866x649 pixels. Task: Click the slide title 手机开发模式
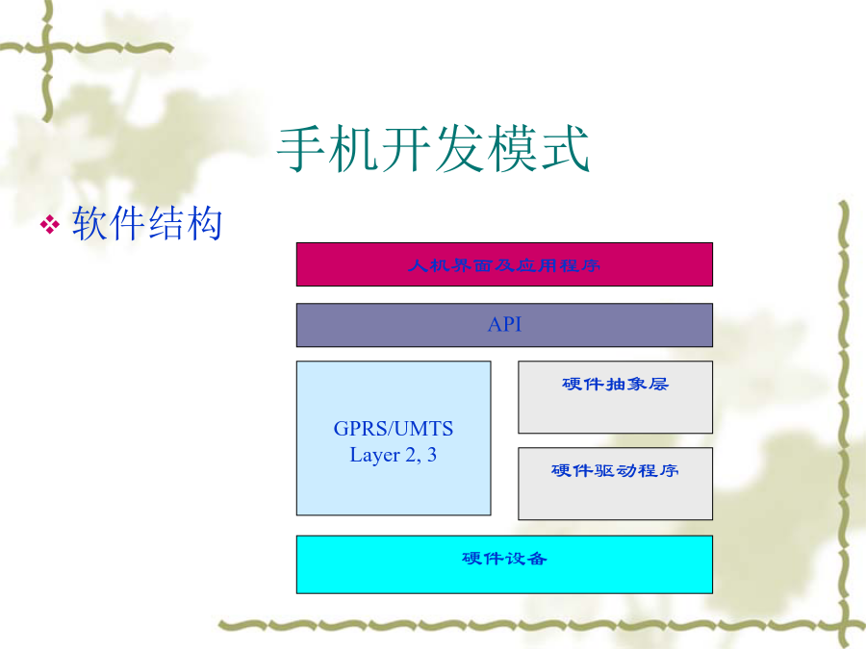(434, 149)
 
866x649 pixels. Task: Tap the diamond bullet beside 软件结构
(50, 225)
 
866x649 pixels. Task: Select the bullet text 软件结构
(147, 223)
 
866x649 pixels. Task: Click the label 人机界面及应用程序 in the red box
(503, 265)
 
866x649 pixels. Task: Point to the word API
(504, 325)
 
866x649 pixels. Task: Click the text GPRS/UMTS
(394, 429)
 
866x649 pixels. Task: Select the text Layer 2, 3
(394, 456)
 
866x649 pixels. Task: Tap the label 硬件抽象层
(615, 384)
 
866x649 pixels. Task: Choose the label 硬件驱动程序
(615, 470)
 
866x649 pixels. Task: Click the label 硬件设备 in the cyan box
(504, 559)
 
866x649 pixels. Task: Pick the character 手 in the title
(301, 149)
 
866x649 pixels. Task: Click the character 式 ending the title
(566, 149)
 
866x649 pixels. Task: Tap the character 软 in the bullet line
(90, 223)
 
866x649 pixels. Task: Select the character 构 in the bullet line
(204, 223)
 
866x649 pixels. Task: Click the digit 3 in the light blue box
(432, 455)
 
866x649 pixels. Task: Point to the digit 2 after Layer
(411, 455)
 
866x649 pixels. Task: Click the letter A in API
(495, 325)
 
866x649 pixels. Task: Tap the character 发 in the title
(460, 149)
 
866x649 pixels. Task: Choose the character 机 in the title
(354, 149)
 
